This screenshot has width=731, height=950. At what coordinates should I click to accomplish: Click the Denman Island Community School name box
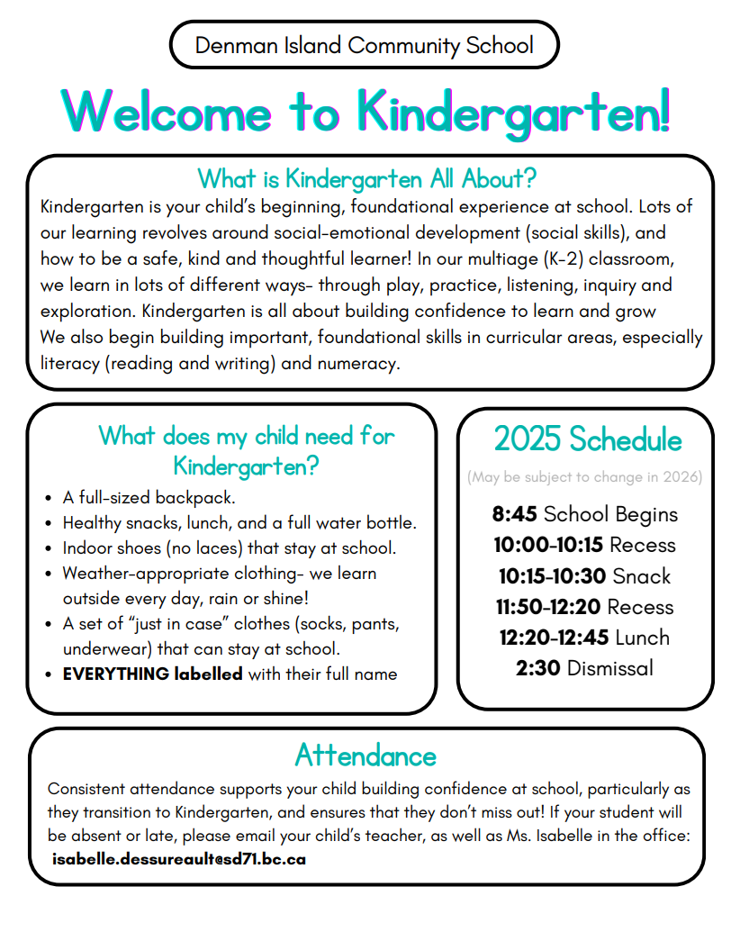pos(364,45)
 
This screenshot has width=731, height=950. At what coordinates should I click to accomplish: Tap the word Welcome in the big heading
pos(167,112)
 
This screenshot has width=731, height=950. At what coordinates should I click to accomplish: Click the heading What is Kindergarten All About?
pos(366,177)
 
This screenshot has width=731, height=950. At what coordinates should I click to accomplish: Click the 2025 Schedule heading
pos(587,439)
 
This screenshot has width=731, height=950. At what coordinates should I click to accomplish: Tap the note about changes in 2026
pos(585,477)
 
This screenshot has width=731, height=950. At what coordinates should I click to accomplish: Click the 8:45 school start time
pos(514,514)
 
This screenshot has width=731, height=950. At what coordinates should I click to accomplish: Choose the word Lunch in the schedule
pos(642,638)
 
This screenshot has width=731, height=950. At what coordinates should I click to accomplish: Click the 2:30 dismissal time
pos(538,668)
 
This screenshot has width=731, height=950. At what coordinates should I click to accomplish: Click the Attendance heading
pos(365,754)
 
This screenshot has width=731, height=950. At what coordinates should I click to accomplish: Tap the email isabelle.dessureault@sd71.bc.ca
pos(179,859)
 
